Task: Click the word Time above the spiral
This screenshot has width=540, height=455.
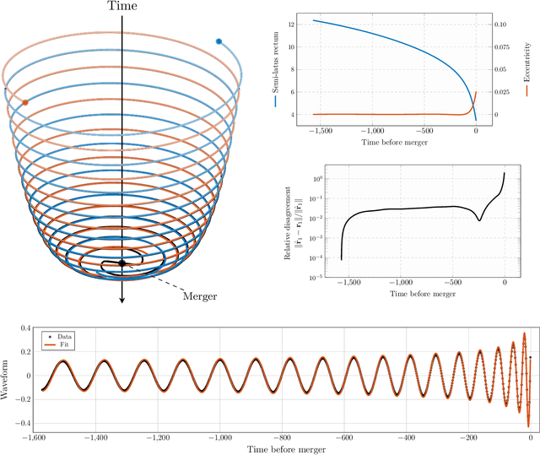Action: coord(123,8)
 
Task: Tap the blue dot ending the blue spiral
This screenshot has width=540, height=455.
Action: coord(219,41)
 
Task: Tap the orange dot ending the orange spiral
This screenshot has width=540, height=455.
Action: coord(25,102)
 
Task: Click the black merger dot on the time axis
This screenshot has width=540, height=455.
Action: coord(122,263)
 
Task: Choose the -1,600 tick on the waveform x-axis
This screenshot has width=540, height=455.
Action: coord(34,438)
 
